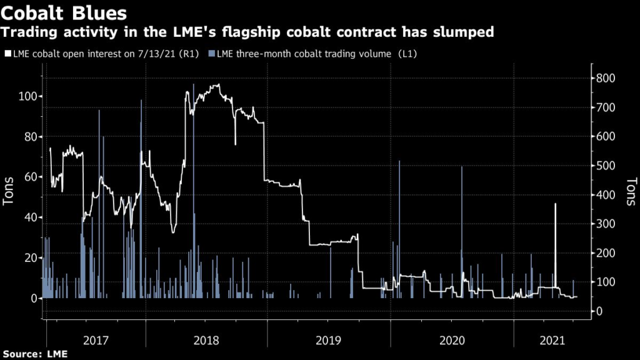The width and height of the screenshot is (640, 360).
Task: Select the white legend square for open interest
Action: (7, 54)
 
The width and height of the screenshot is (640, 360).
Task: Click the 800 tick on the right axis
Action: (606, 78)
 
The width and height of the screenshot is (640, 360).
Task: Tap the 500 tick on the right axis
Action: (606, 166)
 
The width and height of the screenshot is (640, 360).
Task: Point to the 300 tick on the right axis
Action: (606, 224)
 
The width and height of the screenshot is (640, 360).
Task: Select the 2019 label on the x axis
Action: (329, 341)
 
